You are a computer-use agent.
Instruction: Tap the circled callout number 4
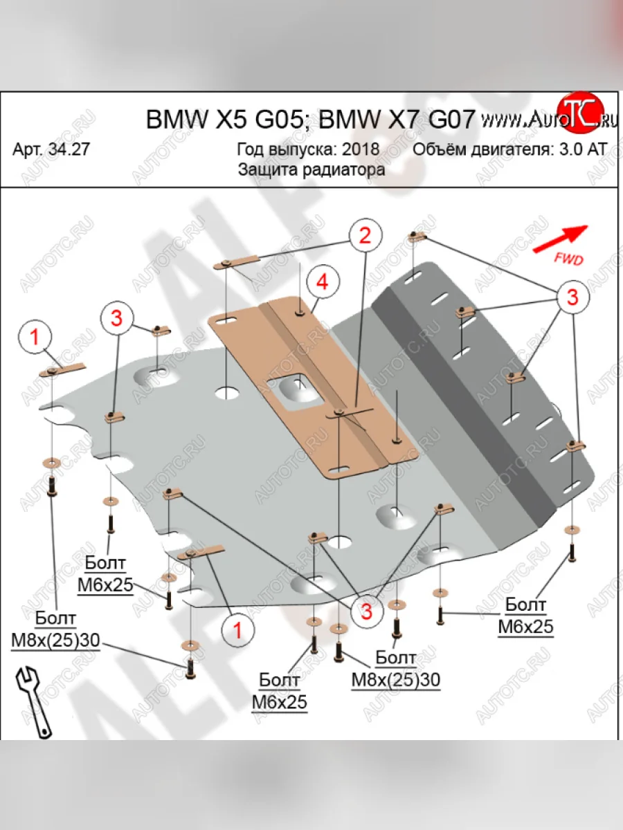tap(321, 282)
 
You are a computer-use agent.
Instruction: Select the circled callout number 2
tap(365, 235)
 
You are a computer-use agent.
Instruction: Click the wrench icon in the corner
tap(30, 699)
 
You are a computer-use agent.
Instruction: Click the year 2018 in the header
tap(360, 149)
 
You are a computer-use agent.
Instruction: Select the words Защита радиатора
tap(311, 169)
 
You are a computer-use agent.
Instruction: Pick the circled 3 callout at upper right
tap(572, 297)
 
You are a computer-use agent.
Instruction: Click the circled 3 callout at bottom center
tap(365, 611)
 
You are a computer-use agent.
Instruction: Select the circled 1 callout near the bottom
tap(237, 630)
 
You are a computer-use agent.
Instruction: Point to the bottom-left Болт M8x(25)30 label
tap(55, 630)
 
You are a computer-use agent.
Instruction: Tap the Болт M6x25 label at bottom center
tap(279, 692)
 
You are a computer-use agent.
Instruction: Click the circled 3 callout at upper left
tap(116, 317)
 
